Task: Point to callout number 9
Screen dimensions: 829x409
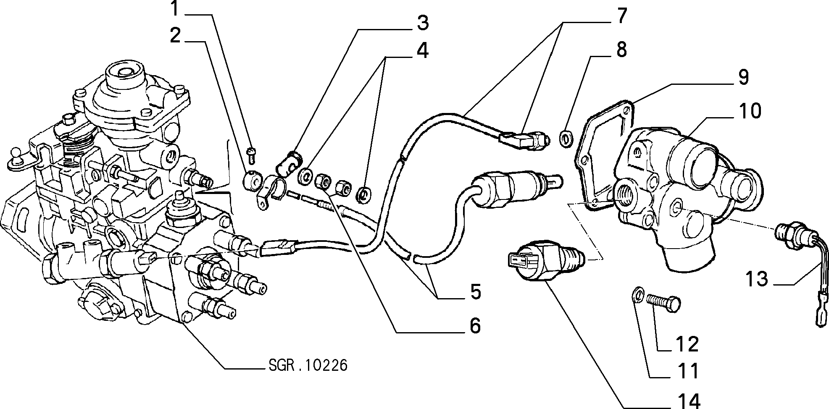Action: click(x=744, y=78)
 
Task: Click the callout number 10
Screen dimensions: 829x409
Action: click(x=749, y=111)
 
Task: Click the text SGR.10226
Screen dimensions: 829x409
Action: click(x=308, y=366)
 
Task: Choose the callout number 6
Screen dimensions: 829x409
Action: click(x=475, y=326)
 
